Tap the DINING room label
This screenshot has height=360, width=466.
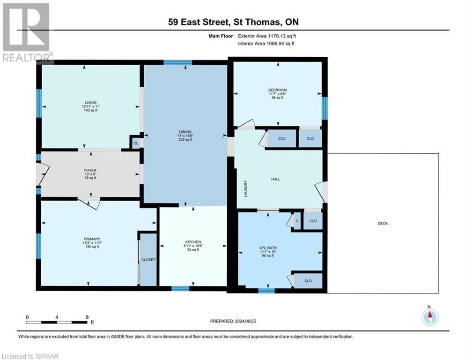[x=185, y=132]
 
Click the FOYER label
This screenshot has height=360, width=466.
[x=90, y=170]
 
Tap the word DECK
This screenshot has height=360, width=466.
[x=383, y=224]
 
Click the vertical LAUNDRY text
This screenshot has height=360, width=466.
[x=245, y=188]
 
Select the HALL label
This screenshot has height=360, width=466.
[x=276, y=179]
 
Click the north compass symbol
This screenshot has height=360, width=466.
[x=429, y=317]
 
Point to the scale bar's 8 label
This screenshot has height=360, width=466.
[x=87, y=317]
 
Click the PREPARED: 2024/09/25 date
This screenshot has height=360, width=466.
[x=234, y=321]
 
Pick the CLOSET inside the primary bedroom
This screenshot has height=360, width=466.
[x=148, y=259]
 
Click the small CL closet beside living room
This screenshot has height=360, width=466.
[x=136, y=143]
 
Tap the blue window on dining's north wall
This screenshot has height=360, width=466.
[x=178, y=62]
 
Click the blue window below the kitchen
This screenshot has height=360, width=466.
[x=180, y=289]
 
